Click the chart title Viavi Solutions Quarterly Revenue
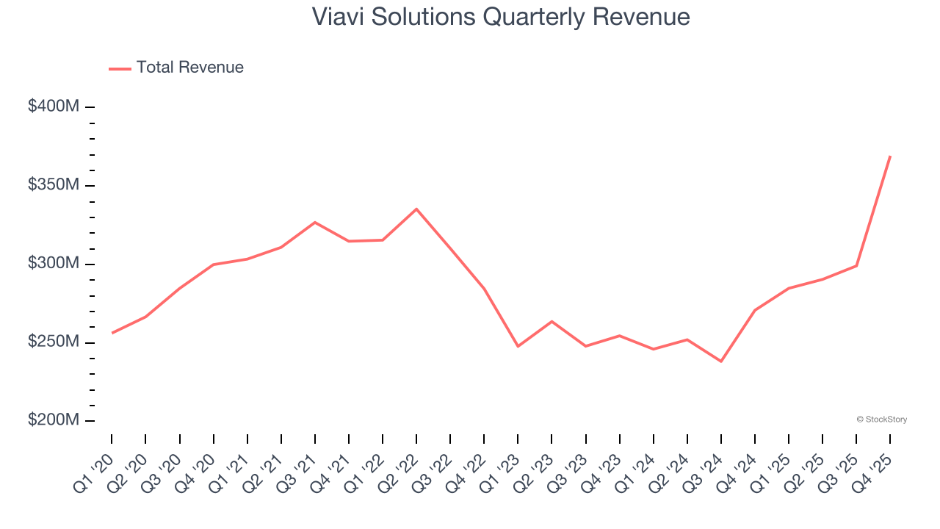point(500,16)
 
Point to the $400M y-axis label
point(54,107)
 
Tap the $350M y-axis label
point(54,184)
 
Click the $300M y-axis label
point(54,263)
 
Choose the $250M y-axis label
point(54,342)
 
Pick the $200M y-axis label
point(54,420)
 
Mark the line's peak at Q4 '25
point(890,156)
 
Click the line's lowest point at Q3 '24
point(721,361)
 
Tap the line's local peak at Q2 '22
point(416,209)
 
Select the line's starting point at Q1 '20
point(112,333)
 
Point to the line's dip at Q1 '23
point(518,346)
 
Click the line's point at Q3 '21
point(315,222)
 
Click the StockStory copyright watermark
point(881,420)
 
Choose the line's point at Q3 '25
point(856,265)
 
